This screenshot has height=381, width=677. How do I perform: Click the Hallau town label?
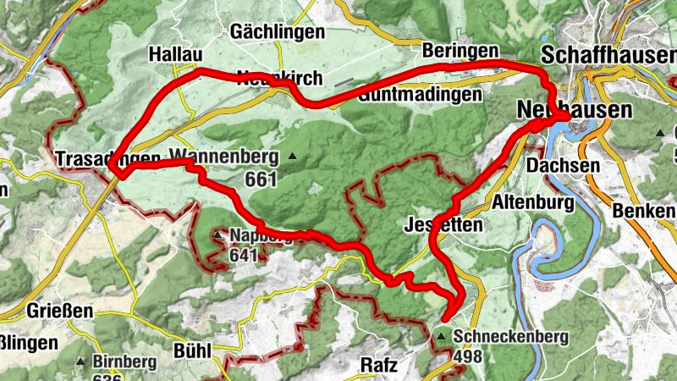(x=175, y=53)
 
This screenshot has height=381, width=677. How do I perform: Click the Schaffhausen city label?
(x=608, y=54)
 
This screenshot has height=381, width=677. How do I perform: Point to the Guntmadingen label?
(x=420, y=95)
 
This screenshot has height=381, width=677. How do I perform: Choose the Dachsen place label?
(x=556, y=167)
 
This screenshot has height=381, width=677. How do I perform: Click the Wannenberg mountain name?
(x=225, y=156)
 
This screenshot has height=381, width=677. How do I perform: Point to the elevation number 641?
(x=243, y=254)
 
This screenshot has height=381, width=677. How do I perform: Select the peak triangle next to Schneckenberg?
(x=442, y=337)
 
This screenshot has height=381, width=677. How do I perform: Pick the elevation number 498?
(x=467, y=356)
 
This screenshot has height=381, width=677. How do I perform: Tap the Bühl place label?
(x=190, y=350)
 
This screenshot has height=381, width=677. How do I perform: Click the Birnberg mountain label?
(x=124, y=362)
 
